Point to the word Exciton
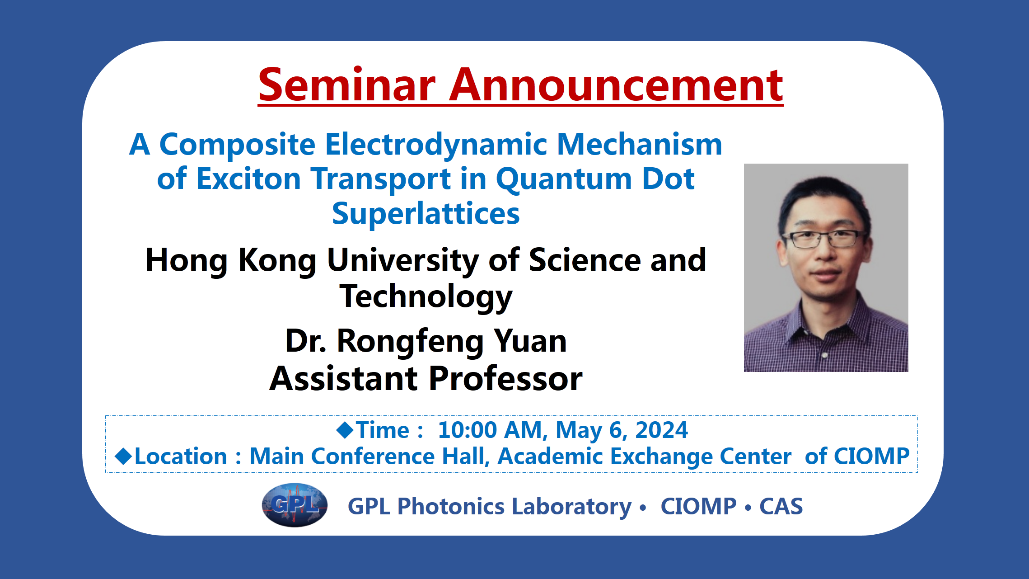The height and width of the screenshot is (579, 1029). click(249, 179)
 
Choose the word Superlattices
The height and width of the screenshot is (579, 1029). click(426, 214)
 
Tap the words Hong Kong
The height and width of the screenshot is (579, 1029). click(231, 261)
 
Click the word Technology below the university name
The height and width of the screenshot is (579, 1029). click(426, 297)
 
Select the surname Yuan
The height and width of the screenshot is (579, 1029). click(530, 341)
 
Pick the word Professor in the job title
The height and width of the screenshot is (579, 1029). click(505, 379)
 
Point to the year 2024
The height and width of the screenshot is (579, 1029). click(661, 430)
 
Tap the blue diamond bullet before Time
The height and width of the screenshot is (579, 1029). click(345, 430)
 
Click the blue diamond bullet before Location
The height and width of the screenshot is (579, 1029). click(123, 456)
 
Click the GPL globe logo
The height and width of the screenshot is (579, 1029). click(295, 505)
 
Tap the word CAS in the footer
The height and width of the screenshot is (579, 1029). click(781, 506)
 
